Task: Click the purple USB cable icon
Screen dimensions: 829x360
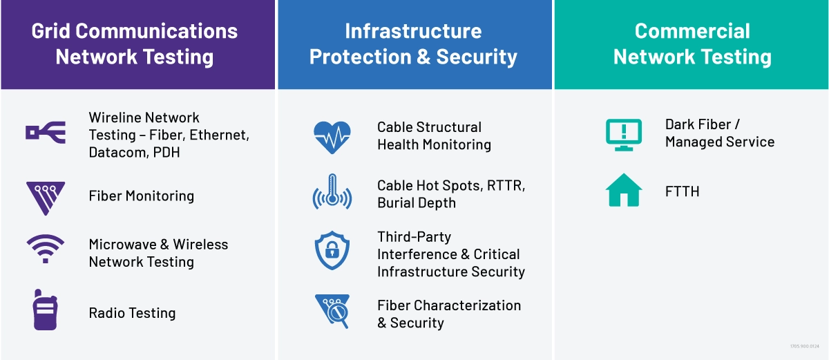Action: tap(46, 133)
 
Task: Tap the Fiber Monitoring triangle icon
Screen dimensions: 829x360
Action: tap(46, 198)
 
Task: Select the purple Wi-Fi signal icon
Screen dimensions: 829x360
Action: tap(46, 249)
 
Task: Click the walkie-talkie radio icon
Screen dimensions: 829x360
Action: tap(45, 310)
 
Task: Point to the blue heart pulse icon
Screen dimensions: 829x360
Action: tap(332, 138)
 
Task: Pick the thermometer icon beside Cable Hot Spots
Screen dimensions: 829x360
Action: tap(332, 191)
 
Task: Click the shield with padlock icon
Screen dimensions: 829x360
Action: tap(332, 251)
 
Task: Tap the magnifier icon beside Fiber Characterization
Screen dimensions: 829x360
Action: tap(332, 311)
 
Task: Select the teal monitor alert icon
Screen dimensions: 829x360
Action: tap(624, 135)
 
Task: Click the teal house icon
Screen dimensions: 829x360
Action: tap(624, 190)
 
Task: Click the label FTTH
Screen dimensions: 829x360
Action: tap(682, 191)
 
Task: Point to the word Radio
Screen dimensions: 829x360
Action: tap(105, 313)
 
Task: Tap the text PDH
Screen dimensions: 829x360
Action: tap(166, 153)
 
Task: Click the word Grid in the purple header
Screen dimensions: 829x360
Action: tap(50, 31)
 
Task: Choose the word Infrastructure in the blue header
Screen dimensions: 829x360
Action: tap(413, 31)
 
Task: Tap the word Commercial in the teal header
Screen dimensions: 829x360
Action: tap(692, 31)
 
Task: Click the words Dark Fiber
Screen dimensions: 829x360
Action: tap(698, 124)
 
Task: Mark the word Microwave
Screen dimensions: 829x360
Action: tap(122, 245)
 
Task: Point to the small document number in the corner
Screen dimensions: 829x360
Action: tap(805, 346)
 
